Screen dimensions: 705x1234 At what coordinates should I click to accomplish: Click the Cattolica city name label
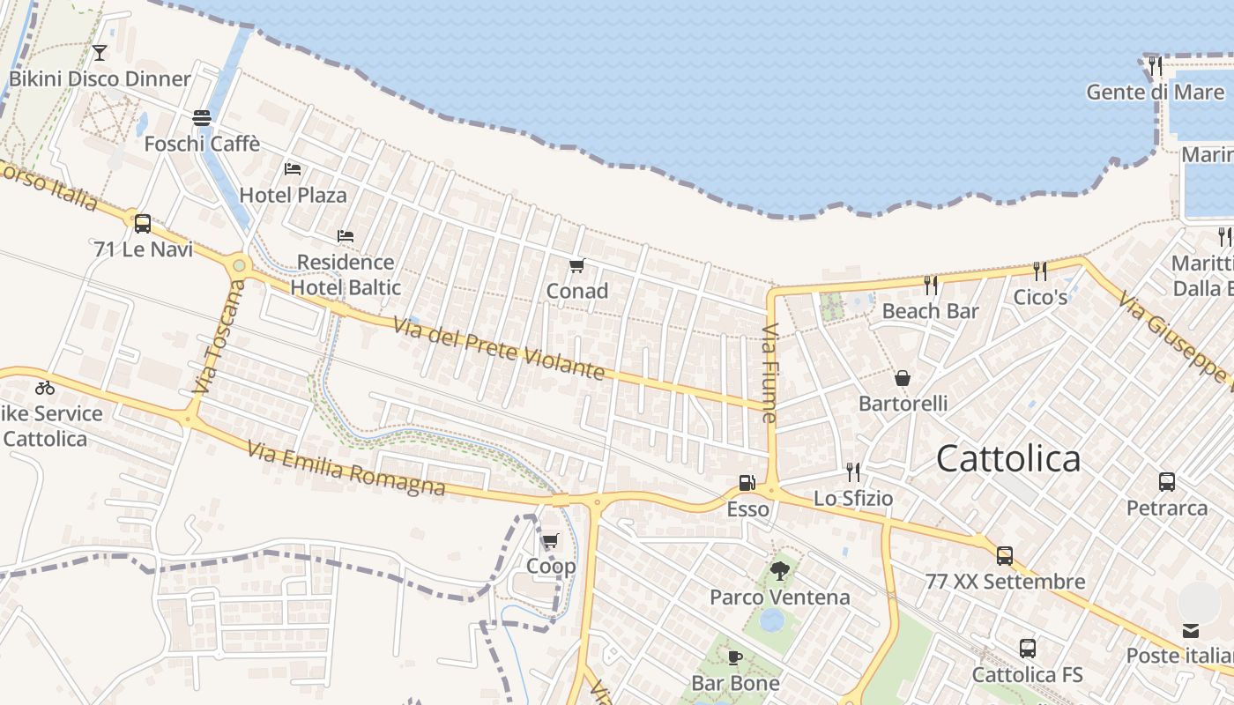click(1008, 458)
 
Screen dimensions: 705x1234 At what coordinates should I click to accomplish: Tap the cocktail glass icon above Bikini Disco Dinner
click(100, 53)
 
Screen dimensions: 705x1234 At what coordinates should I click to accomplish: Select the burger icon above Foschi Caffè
click(202, 118)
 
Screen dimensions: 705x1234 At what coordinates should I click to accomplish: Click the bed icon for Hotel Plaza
click(293, 169)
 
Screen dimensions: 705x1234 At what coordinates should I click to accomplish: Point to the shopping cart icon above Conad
click(577, 265)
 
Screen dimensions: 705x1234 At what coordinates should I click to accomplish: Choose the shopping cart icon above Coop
click(551, 540)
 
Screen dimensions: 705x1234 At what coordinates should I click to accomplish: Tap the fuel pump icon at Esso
click(747, 483)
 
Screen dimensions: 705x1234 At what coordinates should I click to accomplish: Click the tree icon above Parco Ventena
click(780, 571)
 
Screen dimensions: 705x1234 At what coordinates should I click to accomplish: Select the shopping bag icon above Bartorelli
click(903, 378)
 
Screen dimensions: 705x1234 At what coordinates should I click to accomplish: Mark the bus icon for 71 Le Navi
click(143, 224)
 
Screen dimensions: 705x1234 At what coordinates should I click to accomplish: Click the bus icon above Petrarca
click(1167, 482)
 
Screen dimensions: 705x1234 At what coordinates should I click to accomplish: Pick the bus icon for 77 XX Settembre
click(1005, 556)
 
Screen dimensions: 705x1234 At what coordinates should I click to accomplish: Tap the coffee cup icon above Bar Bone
click(735, 657)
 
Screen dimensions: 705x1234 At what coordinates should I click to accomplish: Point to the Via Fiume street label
click(769, 374)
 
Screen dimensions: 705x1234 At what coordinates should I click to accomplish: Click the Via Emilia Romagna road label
click(346, 469)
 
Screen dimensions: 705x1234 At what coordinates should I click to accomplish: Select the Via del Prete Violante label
click(500, 349)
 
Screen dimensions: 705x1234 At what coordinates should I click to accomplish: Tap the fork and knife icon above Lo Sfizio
click(852, 472)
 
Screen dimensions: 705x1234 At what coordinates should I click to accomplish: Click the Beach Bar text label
click(930, 311)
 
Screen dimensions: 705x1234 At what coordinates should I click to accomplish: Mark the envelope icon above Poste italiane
click(1191, 630)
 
